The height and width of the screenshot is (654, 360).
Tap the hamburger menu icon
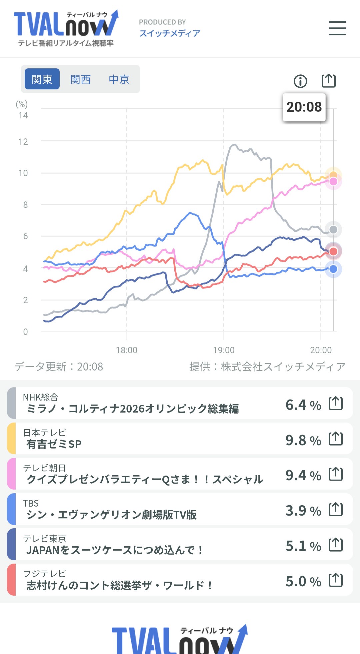point(337,28)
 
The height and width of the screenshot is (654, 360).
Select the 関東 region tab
point(42,79)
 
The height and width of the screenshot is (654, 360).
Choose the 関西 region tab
point(80,79)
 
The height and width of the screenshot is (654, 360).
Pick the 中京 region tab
point(119,79)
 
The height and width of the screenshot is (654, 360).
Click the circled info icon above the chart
point(300,81)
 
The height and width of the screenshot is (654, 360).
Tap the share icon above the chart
point(328,81)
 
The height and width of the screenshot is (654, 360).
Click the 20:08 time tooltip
point(304,107)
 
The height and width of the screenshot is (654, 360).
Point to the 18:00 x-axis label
point(126,350)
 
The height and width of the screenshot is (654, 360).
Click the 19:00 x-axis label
point(224,350)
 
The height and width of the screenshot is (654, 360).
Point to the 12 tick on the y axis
point(23,142)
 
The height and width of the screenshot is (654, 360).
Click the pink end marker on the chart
point(333,182)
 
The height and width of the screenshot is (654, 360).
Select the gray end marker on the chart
point(333,229)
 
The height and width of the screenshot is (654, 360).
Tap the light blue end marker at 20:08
point(333,269)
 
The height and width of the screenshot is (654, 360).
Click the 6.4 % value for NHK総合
point(303,405)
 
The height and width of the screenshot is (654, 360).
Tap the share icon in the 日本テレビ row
point(336,439)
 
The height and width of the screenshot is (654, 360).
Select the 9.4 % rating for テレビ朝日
point(303,475)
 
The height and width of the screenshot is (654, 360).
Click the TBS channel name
point(31,503)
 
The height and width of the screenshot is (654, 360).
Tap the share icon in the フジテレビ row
point(336,580)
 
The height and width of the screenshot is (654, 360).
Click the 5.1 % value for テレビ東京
point(303,546)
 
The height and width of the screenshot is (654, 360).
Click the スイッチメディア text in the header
point(170,33)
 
